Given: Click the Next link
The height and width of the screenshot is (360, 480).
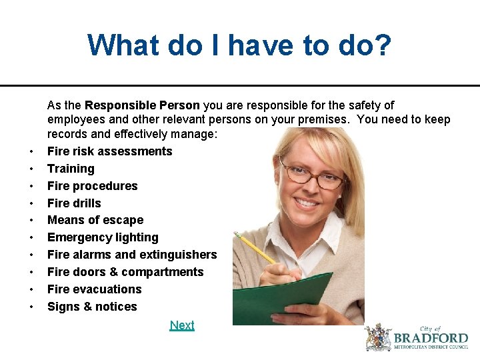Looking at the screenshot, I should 182,325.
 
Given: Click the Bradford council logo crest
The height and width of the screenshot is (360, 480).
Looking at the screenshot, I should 378,337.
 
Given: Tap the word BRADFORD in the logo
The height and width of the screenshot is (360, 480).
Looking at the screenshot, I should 431,337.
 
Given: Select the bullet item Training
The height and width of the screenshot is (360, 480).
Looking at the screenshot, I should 71,169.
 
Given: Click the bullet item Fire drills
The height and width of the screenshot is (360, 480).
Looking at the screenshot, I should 74,203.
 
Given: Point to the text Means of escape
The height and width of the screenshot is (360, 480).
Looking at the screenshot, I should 95,220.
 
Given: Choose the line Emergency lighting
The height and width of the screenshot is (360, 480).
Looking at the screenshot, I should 103,237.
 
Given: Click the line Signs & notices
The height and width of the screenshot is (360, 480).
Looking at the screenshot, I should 92,307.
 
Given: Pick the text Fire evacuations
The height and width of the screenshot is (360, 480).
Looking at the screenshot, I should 94,289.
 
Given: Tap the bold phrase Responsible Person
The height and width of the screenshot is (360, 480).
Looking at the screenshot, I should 142,105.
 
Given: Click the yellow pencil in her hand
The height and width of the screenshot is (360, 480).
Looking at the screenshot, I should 256,247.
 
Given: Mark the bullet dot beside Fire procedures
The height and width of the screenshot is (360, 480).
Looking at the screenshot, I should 31,186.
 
